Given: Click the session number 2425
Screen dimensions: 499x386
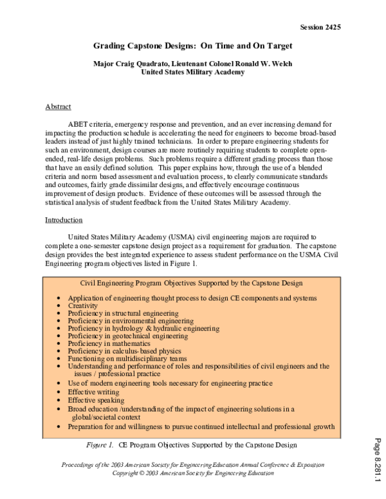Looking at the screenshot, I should click(x=320, y=27).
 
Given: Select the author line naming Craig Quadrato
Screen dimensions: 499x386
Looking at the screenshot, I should click(x=193, y=64).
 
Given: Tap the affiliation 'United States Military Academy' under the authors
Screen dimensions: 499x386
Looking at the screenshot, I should click(x=193, y=73).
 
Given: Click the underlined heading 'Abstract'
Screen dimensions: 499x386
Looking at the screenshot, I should click(x=58, y=106).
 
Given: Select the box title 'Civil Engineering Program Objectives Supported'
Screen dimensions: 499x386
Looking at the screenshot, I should click(x=191, y=283).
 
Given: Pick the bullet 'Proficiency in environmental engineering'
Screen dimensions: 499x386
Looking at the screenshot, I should click(x=131, y=321).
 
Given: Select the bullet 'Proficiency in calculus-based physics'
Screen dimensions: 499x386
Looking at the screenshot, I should click(x=125, y=351).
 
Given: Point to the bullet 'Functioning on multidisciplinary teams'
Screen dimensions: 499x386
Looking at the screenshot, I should click(x=127, y=359).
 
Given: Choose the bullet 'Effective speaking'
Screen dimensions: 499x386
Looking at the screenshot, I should click(x=97, y=400).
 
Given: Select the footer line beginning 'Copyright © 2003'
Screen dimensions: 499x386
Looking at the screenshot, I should click(x=193, y=473).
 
